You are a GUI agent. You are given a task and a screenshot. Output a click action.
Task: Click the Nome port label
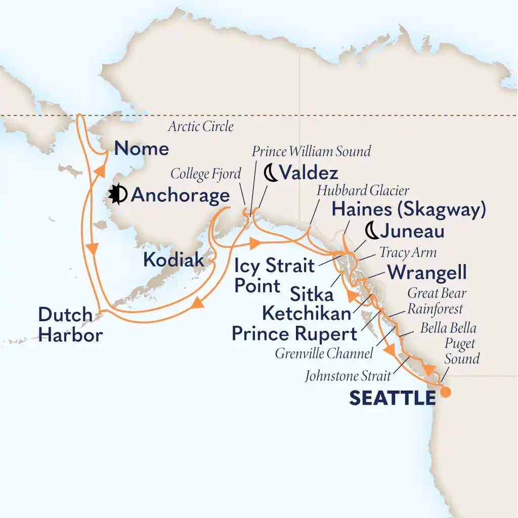click(141, 148)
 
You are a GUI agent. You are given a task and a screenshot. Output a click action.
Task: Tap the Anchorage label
click(180, 195)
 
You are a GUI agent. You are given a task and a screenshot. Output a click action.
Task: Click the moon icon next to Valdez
click(271, 174)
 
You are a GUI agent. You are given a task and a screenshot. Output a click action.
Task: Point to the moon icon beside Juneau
click(372, 231)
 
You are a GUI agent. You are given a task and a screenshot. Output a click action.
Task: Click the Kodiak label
click(174, 260)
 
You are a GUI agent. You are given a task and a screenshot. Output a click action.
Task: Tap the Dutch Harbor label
click(70, 325)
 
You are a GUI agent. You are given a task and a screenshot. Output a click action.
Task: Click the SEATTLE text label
click(392, 398)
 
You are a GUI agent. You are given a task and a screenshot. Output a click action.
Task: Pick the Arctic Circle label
click(201, 126)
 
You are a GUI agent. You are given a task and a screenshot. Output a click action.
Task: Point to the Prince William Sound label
click(311, 150)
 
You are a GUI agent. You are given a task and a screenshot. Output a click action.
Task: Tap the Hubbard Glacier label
click(363, 191)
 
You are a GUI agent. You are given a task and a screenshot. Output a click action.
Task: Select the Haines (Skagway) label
click(408, 209)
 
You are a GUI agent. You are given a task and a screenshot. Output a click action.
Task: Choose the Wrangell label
click(426, 273)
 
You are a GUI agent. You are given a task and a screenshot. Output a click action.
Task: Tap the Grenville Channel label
click(324, 353)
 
